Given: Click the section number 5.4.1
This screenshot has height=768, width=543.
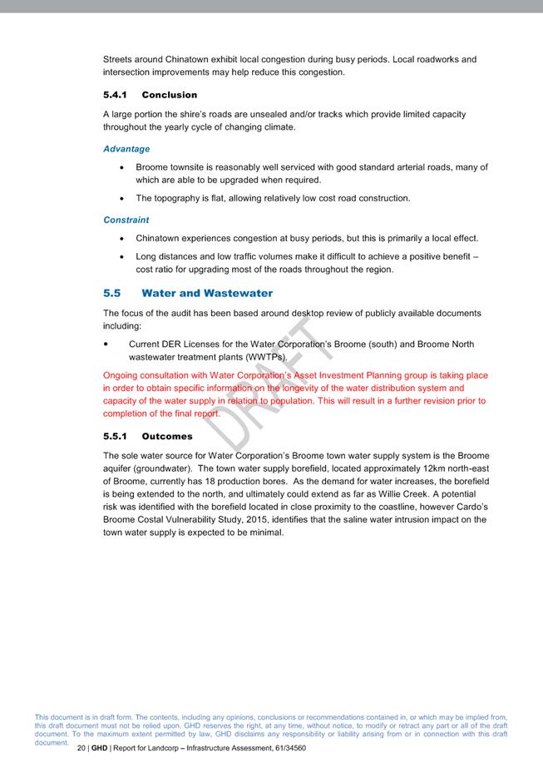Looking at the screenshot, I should [115, 95].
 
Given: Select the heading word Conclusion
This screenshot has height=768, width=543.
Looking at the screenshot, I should [170, 95].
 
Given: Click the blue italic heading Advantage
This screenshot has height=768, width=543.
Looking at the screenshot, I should [126, 149].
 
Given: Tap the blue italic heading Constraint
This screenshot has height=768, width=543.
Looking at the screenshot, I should [126, 220].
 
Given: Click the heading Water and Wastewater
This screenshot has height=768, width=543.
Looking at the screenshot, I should [207, 293].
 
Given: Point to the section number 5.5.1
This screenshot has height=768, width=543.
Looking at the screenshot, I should [115, 436].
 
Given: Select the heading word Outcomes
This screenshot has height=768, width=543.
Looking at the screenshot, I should [167, 436].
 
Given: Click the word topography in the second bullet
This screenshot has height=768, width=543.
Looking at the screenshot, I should [181, 198].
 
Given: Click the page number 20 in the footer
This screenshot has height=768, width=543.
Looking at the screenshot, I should [81, 748].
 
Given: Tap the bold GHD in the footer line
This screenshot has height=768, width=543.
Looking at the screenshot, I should [99, 748].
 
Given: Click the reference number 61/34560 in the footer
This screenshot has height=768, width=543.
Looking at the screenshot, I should [284, 748].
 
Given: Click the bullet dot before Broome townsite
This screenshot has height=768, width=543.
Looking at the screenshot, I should [123, 167].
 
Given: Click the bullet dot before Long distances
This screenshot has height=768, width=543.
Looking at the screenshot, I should [123, 257].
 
